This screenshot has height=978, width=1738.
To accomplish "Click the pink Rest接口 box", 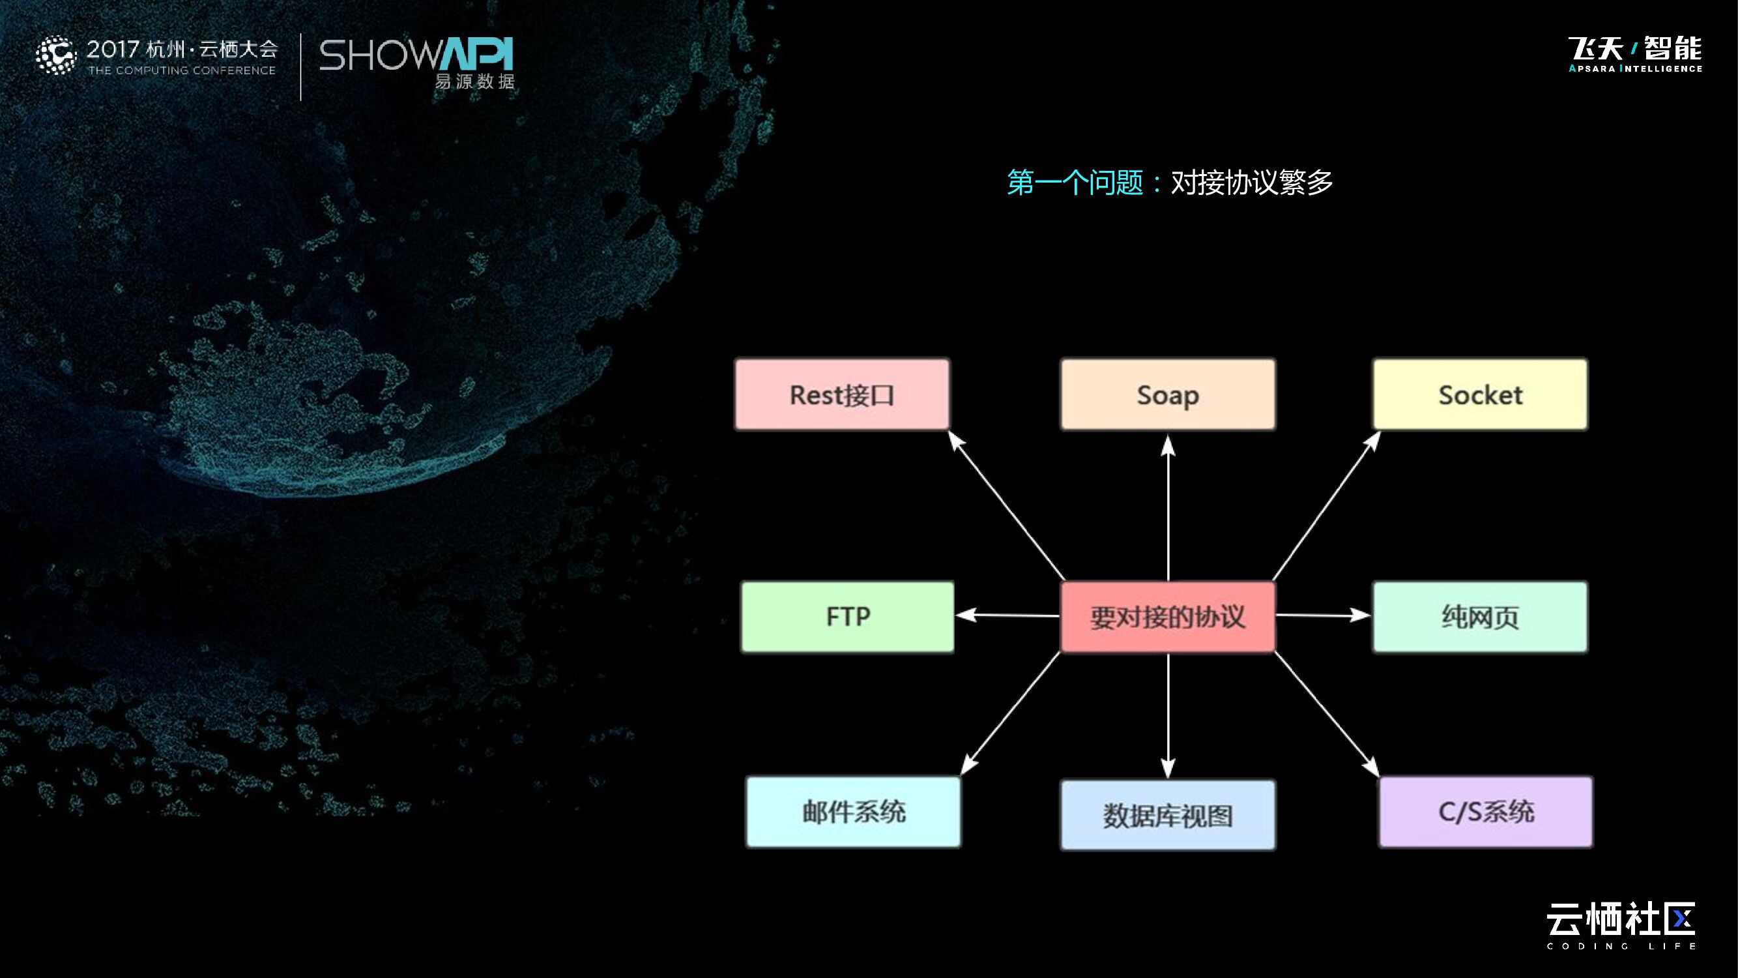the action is pos(842,394).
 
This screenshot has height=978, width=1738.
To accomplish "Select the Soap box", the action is pos(1168,394).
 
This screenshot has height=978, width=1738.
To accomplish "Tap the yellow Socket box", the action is pos(1481,394).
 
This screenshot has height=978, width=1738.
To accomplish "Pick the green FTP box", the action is pos(847,616).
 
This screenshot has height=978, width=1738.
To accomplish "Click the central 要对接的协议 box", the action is pos(1168,616).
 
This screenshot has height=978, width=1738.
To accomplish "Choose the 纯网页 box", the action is pos(1481,616).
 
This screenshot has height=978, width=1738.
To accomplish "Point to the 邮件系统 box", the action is pos(854,811).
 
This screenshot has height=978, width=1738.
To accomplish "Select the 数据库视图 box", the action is pos(1168,814).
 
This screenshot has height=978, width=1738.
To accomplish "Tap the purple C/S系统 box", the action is pos(1486,811).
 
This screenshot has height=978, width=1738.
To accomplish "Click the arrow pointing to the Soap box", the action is pos(1168,506).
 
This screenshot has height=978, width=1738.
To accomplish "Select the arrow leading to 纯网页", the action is pos(1322,615).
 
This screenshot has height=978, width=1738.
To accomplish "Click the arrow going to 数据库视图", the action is pos(1168,715).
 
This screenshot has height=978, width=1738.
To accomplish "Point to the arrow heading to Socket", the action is pos(1325,506).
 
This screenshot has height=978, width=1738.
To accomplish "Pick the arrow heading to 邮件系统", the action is pos(1010,713).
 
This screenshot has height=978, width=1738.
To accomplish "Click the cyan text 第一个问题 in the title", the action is pos(1075,183).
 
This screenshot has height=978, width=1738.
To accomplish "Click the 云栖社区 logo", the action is pos(1621,925).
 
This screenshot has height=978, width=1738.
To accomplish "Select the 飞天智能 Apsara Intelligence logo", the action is pos(1635,54).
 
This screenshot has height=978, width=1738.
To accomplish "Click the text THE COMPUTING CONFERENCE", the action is pos(182,70).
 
